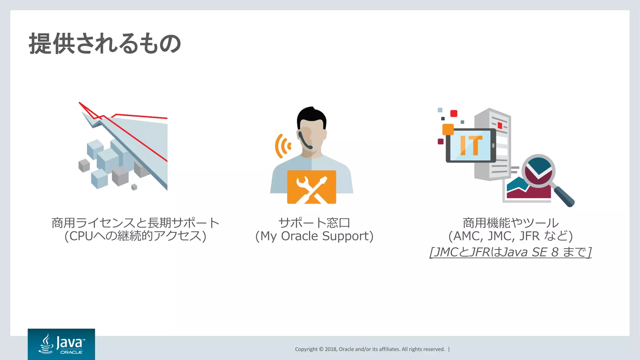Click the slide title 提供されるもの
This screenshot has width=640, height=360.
(x=105, y=44)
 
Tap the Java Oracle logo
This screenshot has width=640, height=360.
(x=61, y=344)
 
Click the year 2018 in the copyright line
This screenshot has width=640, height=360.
(x=330, y=349)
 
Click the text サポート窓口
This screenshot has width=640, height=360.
(x=314, y=223)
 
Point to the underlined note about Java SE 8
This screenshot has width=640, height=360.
(x=510, y=252)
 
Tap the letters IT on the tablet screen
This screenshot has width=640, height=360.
(x=471, y=145)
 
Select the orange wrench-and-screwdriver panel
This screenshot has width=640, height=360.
(x=312, y=187)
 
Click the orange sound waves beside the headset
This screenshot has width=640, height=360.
(x=282, y=146)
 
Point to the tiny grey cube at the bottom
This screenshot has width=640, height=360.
(x=134, y=187)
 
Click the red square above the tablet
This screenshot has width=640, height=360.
(x=454, y=113)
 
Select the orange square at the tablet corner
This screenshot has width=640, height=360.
(x=448, y=129)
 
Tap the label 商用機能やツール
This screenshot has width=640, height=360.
(x=510, y=223)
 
